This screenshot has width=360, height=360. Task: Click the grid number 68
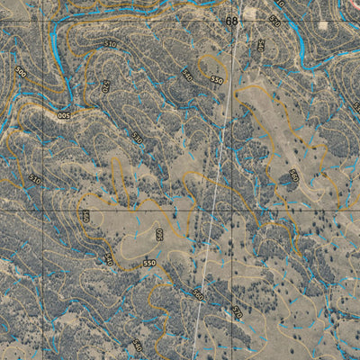232,21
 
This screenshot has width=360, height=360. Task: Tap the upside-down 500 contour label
64,116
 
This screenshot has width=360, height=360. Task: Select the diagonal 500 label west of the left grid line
21,72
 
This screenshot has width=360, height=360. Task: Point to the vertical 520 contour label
105,87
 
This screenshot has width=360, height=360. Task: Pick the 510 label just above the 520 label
110,42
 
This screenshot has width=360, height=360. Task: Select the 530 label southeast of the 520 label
137,138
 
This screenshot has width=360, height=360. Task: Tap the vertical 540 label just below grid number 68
260,45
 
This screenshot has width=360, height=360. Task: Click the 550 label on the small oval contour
216,80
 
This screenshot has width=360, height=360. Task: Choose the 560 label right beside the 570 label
198,294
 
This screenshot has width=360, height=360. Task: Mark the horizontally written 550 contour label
148,263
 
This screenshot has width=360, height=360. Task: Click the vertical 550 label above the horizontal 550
159,234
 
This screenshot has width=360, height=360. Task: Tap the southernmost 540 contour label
137,345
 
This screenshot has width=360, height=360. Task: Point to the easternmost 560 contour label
293,175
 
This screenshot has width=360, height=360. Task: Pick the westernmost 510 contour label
35,179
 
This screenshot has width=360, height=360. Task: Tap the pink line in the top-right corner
351,7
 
